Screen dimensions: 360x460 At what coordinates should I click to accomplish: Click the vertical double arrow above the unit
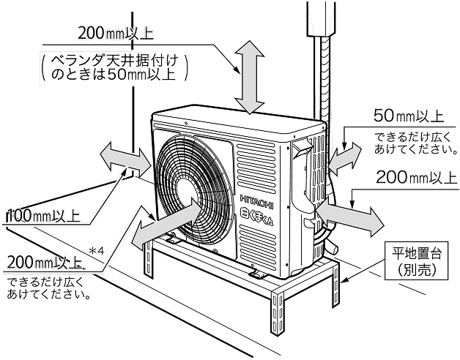click(x=251, y=76)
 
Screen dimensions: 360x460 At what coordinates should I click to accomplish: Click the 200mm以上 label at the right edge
click(x=415, y=177)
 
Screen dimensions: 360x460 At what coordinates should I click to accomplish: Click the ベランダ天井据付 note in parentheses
click(x=114, y=66)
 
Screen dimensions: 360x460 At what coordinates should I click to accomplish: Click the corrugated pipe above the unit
click(x=320, y=73)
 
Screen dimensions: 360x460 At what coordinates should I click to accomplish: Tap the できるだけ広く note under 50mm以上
click(x=410, y=143)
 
